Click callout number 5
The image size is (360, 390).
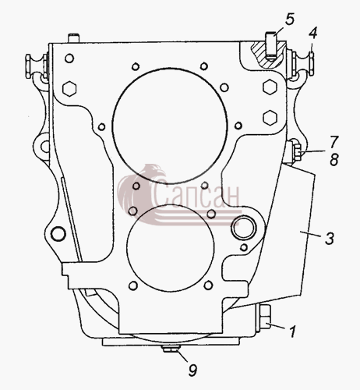290,19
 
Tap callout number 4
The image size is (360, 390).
312,34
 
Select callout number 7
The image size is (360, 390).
334,142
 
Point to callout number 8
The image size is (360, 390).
334,160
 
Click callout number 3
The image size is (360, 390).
330,239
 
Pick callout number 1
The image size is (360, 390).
293,331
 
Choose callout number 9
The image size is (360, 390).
192,370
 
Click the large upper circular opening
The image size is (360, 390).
170,126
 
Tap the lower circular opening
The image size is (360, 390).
171,248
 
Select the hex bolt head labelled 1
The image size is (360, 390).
264,317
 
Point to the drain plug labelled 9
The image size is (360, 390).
171,349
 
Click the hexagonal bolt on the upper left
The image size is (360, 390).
69,89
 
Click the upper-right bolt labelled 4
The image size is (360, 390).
302,64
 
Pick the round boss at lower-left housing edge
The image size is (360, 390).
58,233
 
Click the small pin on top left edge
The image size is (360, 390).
73,38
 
